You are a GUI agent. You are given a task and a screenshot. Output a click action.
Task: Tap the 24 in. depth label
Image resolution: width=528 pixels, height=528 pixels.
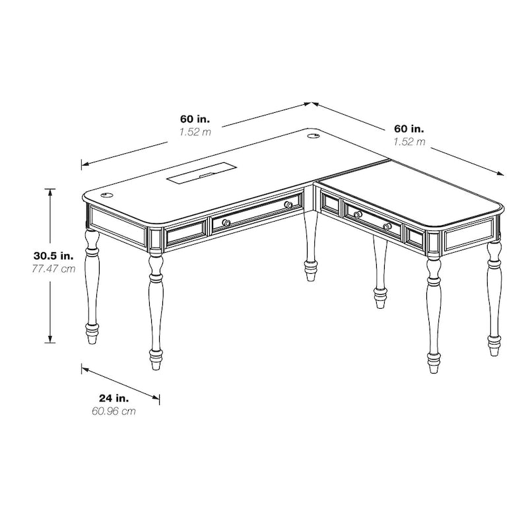pyautogui.click(x=114, y=398)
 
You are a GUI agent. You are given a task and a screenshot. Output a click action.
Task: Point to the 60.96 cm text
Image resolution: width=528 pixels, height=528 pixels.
pyautogui.click(x=114, y=412)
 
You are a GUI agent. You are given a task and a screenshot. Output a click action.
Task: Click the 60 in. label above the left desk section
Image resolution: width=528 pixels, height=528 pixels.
pyautogui.click(x=195, y=119)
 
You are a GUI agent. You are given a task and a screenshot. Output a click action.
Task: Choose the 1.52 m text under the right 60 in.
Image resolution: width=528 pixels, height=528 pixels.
pyautogui.click(x=409, y=141)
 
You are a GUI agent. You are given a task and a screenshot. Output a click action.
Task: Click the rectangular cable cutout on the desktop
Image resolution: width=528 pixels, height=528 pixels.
pyautogui.click(x=198, y=176)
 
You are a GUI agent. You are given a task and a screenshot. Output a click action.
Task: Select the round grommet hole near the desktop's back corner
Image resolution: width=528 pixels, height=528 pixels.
pyautogui.click(x=313, y=137)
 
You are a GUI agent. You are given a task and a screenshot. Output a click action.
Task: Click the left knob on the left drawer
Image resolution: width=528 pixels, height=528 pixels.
pyautogui.click(x=226, y=222)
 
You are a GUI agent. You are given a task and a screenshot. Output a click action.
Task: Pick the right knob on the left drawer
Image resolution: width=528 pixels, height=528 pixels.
pyautogui.click(x=288, y=205)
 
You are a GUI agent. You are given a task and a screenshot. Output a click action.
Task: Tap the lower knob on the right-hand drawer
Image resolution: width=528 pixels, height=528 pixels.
pyautogui.click(x=387, y=227)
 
